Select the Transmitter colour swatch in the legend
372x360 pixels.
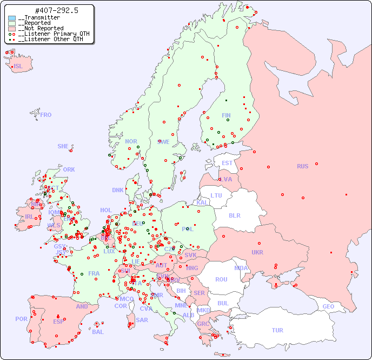click(12, 18)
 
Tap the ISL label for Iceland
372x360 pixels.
click(18, 67)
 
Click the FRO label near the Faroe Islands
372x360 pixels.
click(46, 115)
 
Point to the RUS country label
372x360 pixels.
click(302, 166)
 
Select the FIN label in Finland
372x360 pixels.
click(226, 115)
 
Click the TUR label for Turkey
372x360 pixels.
click(277, 330)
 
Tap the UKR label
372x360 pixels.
click(257, 252)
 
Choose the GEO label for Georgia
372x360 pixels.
click(328, 306)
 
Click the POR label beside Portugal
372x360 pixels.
click(21, 319)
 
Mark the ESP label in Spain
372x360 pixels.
click(58, 321)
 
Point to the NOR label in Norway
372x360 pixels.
click(131, 141)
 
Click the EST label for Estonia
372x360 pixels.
click(227, 163)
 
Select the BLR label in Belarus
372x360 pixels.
click(234, 215)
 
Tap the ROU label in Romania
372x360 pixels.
click(221, 279)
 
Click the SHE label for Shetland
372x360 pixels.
click(63, 146)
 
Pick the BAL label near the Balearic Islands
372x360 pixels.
click(97, 332)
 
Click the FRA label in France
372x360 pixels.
click(94, 273)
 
